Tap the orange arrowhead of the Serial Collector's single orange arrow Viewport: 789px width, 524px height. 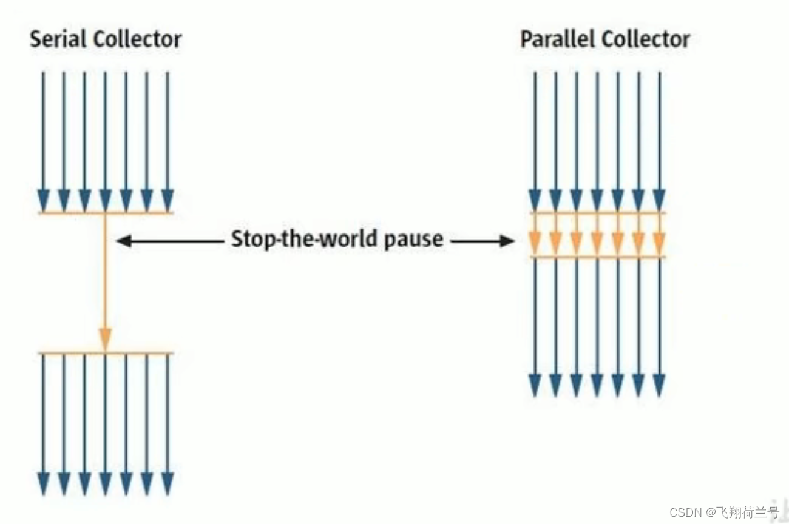click(x=106, y=338)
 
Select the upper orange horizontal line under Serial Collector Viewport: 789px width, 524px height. click(x=73, y=213)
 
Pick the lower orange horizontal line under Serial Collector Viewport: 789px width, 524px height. click(x=73, y=353)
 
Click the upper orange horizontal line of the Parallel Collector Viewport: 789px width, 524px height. click(x=597, y=213)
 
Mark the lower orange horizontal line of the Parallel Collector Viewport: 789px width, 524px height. click(x=597, y=258)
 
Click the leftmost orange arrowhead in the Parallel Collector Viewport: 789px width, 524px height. click(x=535, y=244)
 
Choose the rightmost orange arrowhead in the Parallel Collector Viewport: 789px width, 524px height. click(x=659, y=244)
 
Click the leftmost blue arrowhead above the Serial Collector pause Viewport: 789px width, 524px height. click(x=43, y=200)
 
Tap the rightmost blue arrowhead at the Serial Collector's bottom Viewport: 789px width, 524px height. click(x=168, y=483)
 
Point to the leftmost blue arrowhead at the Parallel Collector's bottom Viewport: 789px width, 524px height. click(x=535, y=385)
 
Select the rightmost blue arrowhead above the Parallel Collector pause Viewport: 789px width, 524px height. click(x=659, y=200)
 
